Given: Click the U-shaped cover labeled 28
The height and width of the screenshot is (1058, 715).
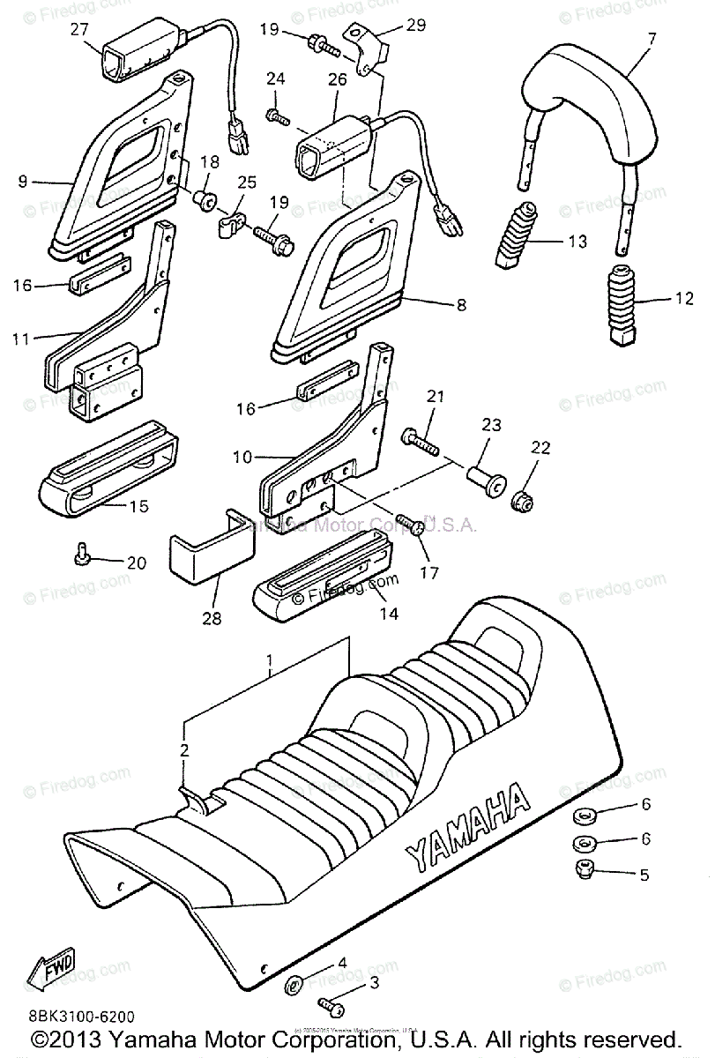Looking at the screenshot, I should click(210, 550).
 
